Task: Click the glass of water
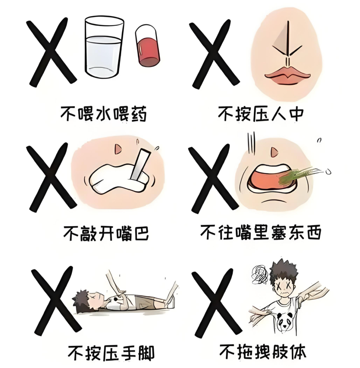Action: tap(104, 47)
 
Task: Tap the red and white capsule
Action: tap(147, 46)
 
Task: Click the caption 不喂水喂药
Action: tap(103, 114)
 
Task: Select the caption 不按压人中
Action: tap(260, 113)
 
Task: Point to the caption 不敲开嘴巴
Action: tap(106, 233)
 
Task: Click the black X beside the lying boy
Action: tap(55, 302)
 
